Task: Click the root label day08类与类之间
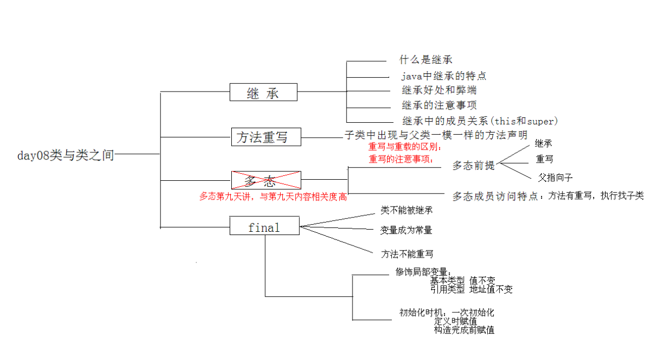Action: point(65,156)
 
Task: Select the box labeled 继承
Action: point(263,93)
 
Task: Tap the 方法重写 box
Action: point(266,137)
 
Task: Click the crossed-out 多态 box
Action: point(266,180)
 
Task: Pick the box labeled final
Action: point(264,226)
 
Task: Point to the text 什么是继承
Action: point(426,60)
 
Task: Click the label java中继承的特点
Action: point(443,76)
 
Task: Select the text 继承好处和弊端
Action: point(442,90)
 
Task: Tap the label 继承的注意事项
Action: point(439,105)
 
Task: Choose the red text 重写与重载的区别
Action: point(405,147)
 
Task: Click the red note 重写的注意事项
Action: point(401,159)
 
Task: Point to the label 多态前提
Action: point(473,165)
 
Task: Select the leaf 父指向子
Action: point(555,177)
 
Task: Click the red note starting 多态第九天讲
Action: point(273,197)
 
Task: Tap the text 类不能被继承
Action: point(403,210)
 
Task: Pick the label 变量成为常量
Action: point(406,230)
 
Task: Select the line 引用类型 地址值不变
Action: point(472,289)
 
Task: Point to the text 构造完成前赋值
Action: point(464,330)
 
